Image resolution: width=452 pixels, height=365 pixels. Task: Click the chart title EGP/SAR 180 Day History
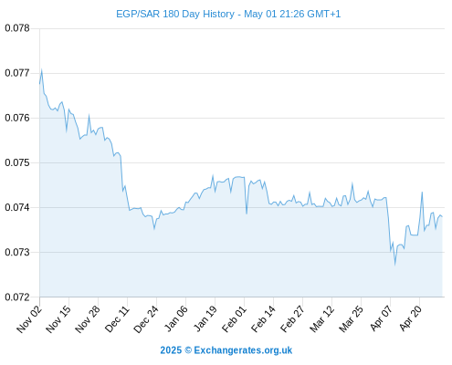click(x=175, y=14)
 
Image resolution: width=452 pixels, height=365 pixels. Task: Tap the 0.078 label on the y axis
click(x=17, y=28)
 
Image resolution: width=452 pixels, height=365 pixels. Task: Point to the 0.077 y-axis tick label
click(x=17, y=73)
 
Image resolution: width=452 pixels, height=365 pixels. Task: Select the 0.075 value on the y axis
click(x=17, y=162)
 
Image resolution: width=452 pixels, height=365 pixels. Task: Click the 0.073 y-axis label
click(x=17, y=252)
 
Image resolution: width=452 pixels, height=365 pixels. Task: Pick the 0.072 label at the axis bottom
click(x=17, y=297)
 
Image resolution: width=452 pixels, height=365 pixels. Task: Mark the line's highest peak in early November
click(x=42, y=69)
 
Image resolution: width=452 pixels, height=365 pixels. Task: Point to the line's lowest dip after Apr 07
click(x=395, y=266)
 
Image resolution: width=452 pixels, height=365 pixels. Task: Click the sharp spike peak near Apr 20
click(x=422, y=192)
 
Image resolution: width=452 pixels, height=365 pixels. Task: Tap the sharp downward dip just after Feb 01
click(x=247, y=214)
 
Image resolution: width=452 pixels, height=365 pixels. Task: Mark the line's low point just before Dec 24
click(x=154, y=229)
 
